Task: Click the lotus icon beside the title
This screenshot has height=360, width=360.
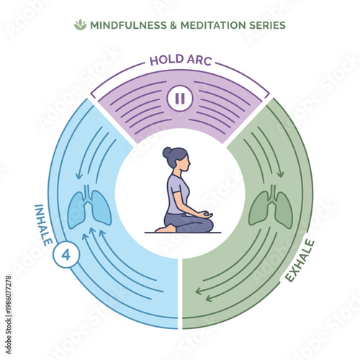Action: [80, 25]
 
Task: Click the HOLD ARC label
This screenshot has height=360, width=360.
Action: [179, 60]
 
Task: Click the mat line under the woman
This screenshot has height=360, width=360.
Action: [180, 233]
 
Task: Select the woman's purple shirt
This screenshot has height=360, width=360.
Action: [178, 192]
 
